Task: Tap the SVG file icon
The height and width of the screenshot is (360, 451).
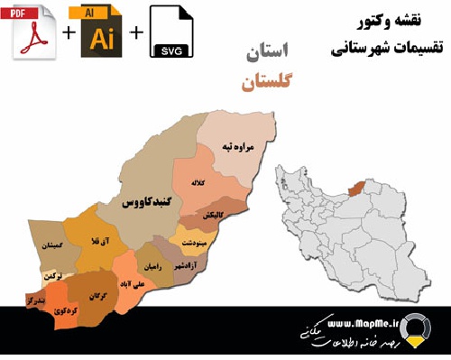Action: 172,32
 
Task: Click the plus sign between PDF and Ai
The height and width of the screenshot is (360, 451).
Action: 69,33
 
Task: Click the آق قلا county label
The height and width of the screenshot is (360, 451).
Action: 88,241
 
